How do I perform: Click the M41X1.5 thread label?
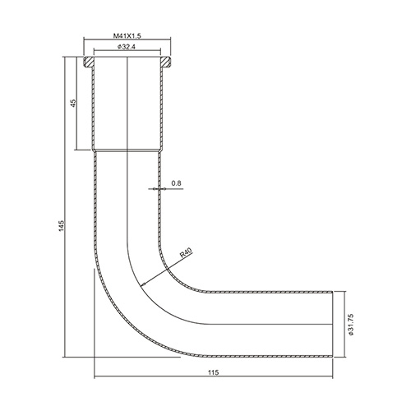tap(127, 35)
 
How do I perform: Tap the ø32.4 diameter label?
tap(127, 47)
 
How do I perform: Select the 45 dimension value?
tap(73, 104)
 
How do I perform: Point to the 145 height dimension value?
tap(62, 225)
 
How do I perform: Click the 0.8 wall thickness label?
tap(176, 183)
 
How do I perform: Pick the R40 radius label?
tap(187, 252)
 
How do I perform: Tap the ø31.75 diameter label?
tap(351, 325)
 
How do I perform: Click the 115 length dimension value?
tap(214, 372)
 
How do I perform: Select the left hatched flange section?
tap(89, 62)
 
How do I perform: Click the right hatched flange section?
tap(165, 62)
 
